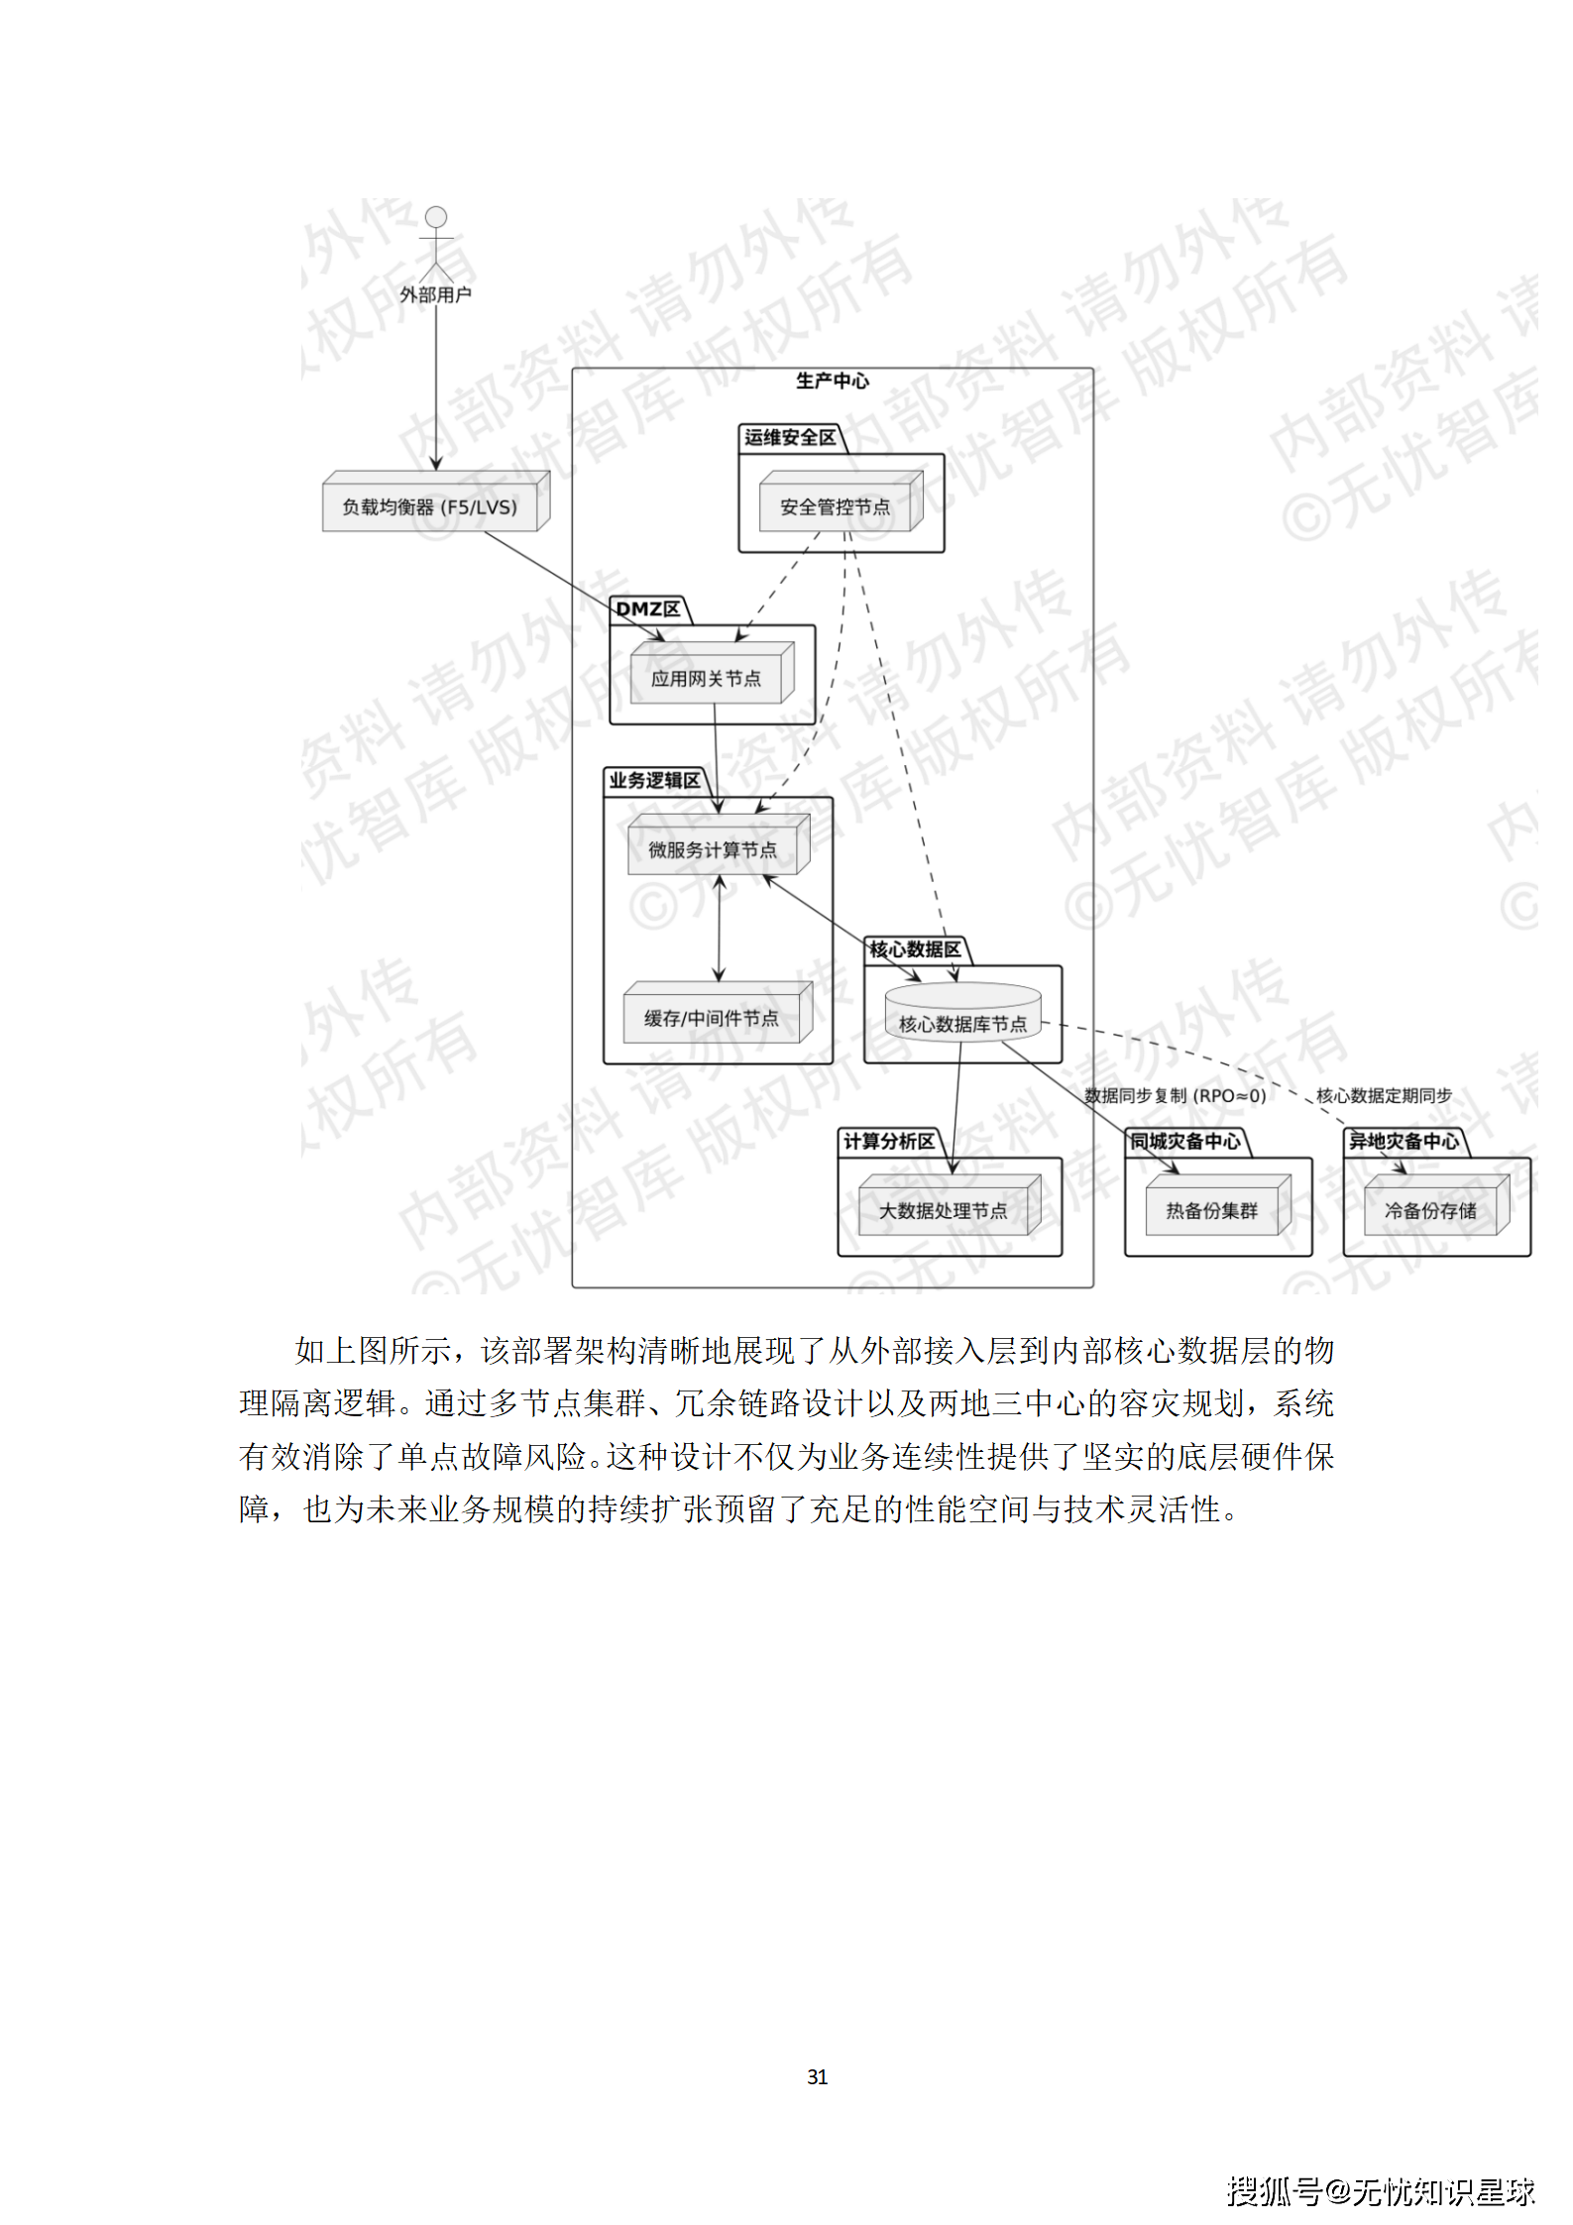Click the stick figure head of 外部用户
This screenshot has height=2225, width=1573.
click(x=435, y=217)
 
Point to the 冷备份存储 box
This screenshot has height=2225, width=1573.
click(x=1432, y=1210)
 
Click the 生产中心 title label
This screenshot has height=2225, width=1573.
click(x=832, y=381)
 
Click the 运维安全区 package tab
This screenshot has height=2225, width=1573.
click(x=790, y=438)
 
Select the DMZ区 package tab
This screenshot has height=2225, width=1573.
click(x=648, y=610)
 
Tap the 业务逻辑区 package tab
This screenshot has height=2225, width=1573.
click(x=654, y=781)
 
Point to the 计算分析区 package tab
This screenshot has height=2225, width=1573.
click(x=889, y=1142)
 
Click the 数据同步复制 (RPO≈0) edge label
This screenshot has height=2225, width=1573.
click(x=1175, y=1095)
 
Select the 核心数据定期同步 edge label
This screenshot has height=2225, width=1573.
click(x=1384, y=1095)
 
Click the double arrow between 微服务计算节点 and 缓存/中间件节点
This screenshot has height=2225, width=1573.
click(x=720, y=929)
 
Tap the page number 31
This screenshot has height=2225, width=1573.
click(x=817, y=2076)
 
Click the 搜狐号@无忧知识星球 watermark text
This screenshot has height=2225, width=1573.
click(x=1380, y=2190)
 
